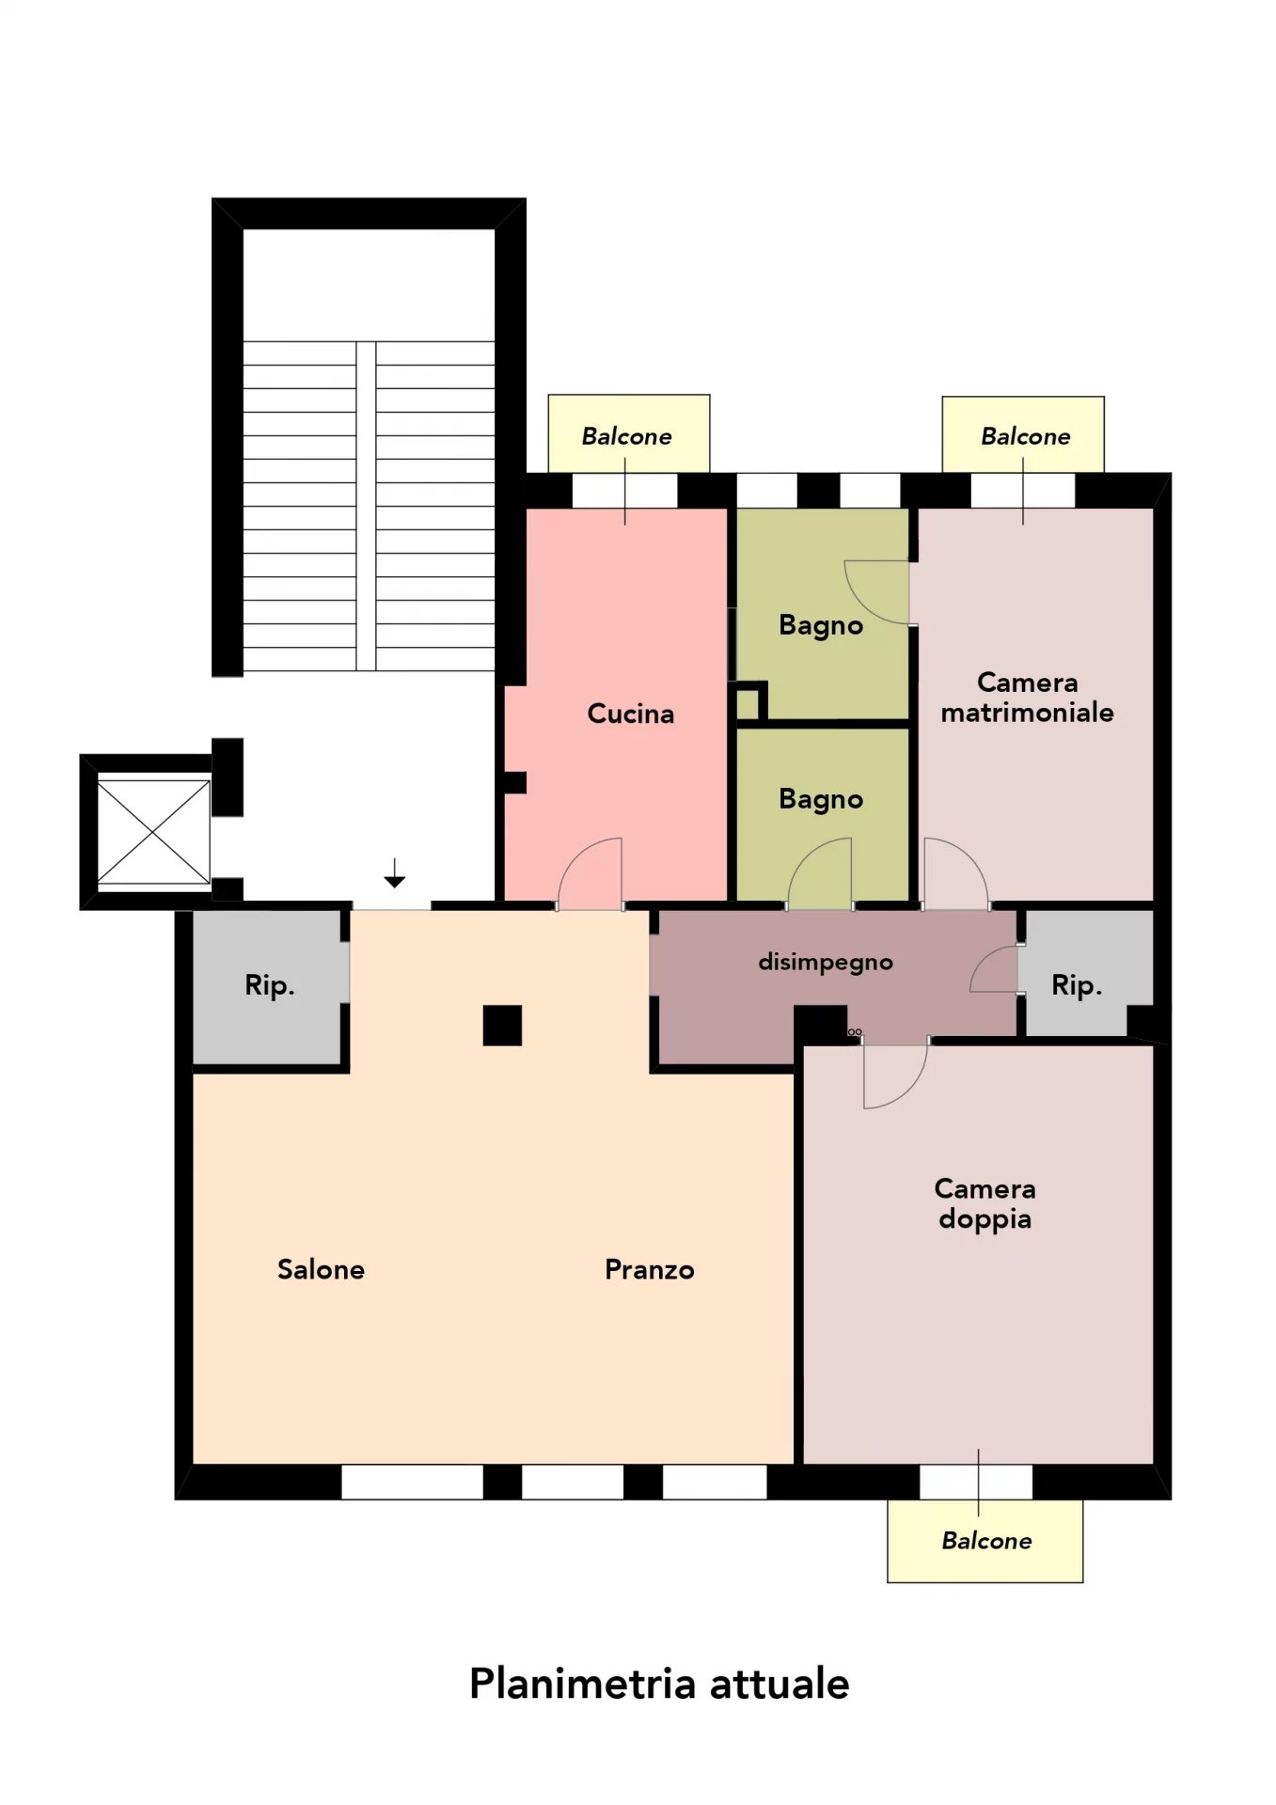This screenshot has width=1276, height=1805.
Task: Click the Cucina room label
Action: (630, 714)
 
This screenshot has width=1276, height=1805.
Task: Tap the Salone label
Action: (321, 1269)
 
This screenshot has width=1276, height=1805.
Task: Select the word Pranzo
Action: (649, 1269)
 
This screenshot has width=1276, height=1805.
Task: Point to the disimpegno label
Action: (826, 963)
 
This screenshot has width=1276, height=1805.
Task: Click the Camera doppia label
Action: (985, 1203)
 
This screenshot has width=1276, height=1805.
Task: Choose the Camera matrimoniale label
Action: (1027, 697)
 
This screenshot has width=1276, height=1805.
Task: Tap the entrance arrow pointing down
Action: (394, 872)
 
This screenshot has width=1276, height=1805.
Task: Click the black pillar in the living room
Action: (502, 1026)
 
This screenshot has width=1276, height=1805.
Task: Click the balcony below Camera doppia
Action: (985, 1541)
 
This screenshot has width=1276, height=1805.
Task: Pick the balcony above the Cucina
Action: (628, 433)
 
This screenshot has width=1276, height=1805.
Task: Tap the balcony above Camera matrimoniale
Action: (1023, 434)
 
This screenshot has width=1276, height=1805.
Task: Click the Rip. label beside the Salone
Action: (270, 985)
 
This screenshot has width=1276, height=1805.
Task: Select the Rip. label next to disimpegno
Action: (1077, 985)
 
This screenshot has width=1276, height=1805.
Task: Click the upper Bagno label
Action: (821, 625)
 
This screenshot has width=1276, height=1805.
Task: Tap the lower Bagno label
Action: (821, 799)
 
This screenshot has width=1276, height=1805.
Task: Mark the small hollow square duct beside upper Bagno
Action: (749, 702)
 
